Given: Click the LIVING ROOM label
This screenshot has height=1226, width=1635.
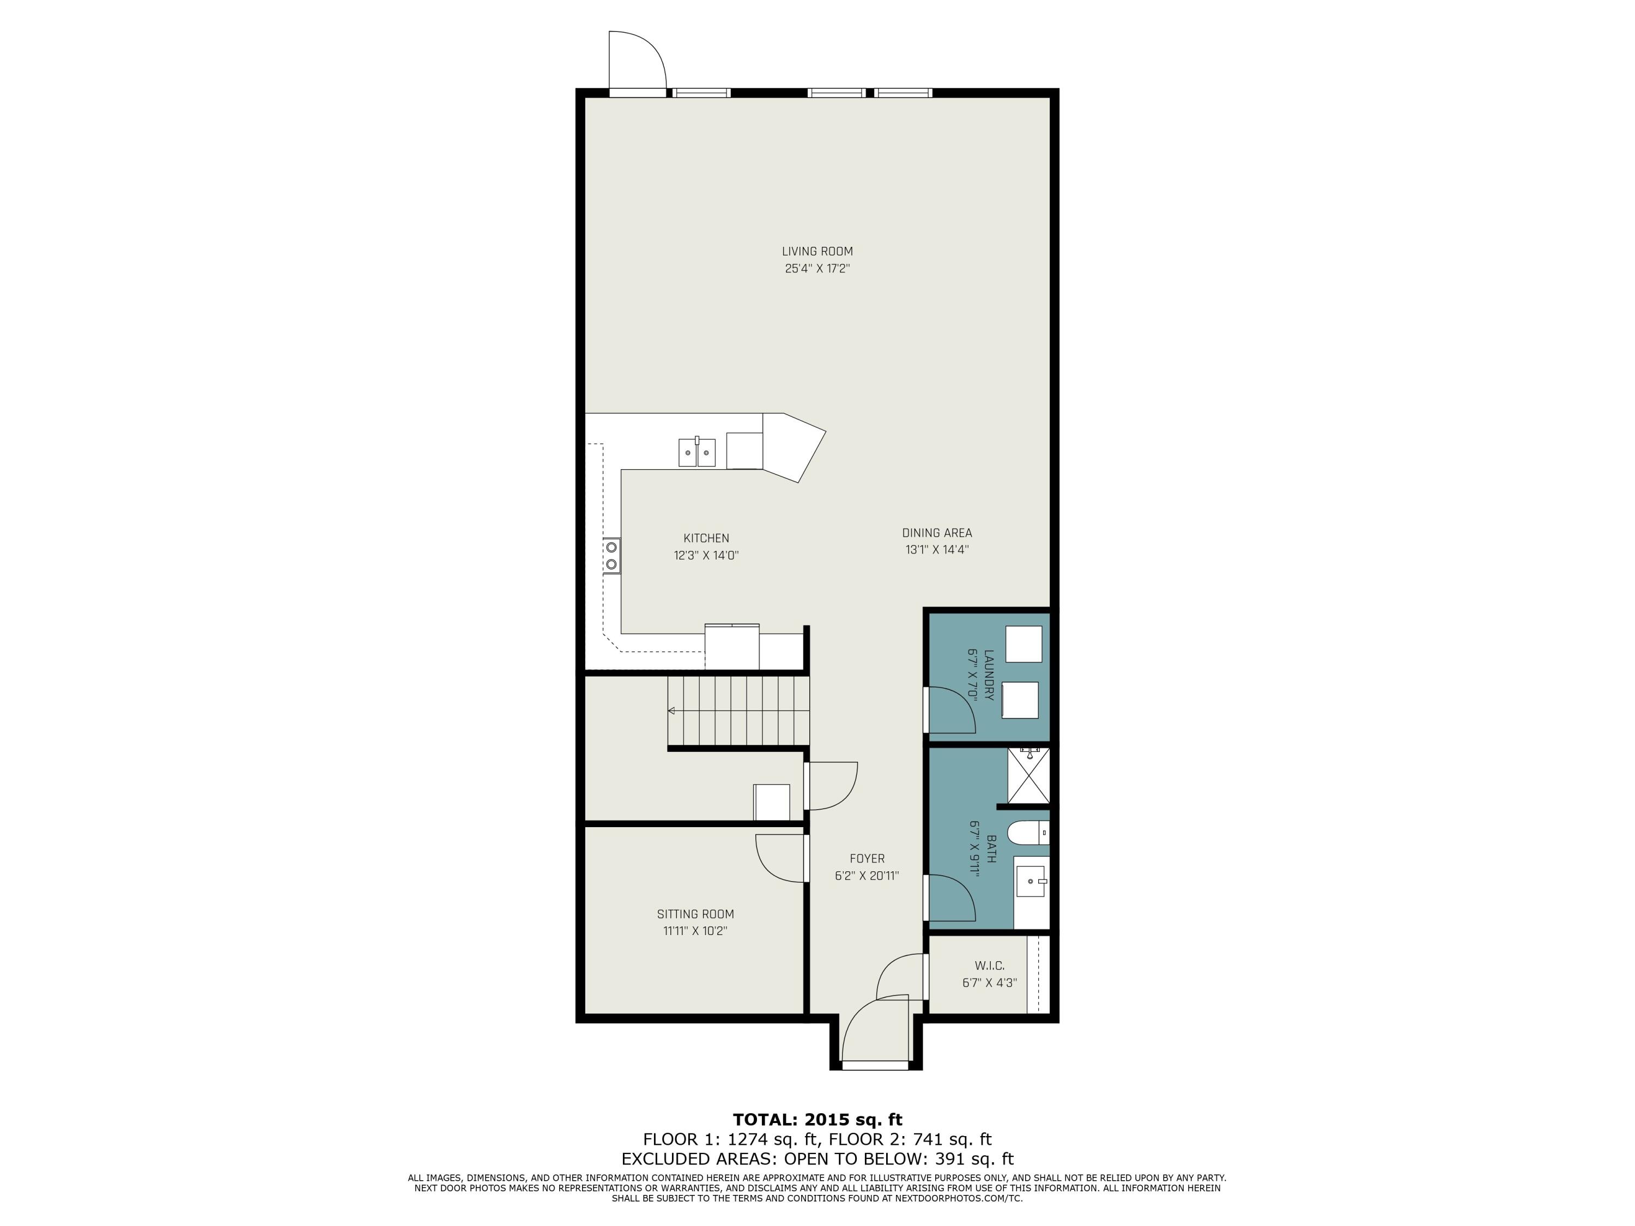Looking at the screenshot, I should (x=817, y=251).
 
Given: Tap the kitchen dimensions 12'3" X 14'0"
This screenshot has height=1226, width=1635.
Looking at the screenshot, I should (x=706, y=556).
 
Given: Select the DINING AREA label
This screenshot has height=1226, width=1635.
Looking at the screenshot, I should (x=936, y=533).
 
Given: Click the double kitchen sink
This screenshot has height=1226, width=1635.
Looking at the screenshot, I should (x=697, y=452).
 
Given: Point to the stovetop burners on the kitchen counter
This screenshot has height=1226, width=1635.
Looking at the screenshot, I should (x=611, y=556).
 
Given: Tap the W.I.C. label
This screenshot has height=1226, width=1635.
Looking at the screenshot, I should (x=989, y=966).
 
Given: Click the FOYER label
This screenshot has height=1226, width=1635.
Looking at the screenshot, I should (x=867, y=859).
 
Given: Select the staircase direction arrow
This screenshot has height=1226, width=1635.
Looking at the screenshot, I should (x=673, y=711).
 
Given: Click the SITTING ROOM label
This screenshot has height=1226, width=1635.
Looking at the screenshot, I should (x=695, y=914).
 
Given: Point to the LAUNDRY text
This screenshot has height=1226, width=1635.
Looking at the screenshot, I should (x=989, y=675).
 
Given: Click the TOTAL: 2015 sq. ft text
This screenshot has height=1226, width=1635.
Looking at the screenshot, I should (x=817, y=1120).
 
